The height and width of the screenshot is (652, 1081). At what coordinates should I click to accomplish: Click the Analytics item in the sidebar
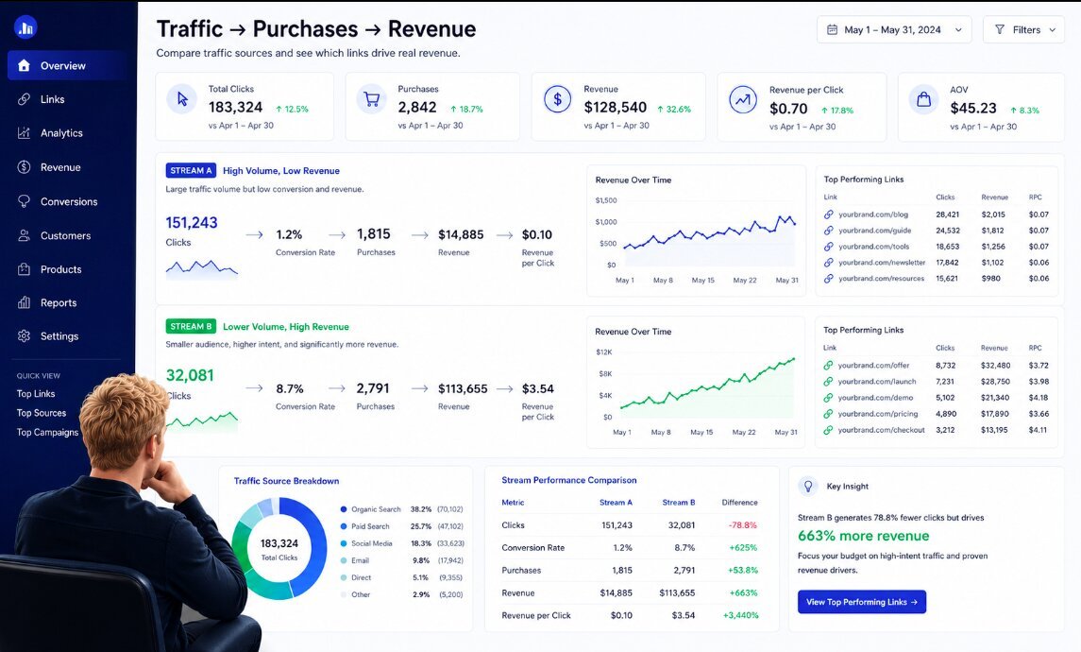(x=61, y=133)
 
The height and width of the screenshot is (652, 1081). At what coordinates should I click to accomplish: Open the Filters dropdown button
(x=1023, y=29)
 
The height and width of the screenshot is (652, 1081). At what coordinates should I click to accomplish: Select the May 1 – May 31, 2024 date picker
(x=894, y=29)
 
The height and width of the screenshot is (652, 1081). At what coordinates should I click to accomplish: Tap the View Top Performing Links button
(x=862, y=602)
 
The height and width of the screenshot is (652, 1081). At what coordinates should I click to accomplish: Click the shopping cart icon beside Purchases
(x=372, y=99)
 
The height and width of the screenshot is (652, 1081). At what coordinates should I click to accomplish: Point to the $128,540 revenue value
(x=615, y=108)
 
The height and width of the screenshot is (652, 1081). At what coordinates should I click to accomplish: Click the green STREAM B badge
(x=191, y=326)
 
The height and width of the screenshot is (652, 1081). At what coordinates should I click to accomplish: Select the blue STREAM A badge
(x=191, y=170)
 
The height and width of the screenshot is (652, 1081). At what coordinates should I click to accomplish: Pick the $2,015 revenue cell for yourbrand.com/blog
(x=993, y=214)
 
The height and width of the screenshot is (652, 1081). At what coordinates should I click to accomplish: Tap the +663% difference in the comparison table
(x=743, y=592)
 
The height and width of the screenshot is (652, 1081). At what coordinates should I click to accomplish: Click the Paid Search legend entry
(x=370, y=526)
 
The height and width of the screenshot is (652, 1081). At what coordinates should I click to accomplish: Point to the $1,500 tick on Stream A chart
(x=606, y=200)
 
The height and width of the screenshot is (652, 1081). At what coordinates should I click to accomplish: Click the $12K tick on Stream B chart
(x=604, y=352)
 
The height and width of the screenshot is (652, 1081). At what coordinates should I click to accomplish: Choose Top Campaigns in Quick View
(x=47, y=433)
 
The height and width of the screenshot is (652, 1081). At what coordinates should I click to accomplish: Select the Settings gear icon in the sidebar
(x=25, y=336)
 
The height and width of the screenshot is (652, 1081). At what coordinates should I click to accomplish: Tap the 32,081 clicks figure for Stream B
(x=190, y=375)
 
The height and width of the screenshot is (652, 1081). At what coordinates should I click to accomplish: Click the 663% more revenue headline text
(x=863, y=536)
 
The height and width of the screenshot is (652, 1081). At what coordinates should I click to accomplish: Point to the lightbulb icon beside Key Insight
(x=808, y=486)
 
